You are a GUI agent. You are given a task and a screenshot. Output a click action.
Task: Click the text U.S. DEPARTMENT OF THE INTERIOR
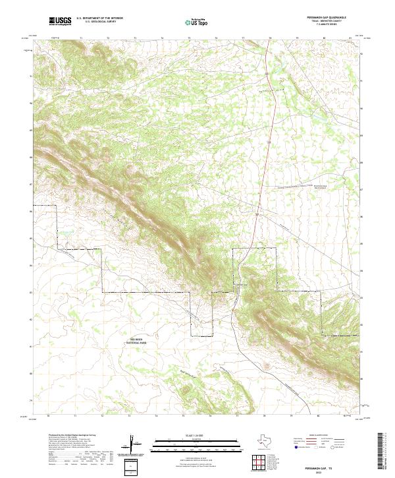99,18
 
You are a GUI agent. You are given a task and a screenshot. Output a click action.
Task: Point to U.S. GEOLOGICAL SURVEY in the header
97,22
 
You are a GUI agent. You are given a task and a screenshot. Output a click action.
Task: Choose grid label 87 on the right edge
361,189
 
